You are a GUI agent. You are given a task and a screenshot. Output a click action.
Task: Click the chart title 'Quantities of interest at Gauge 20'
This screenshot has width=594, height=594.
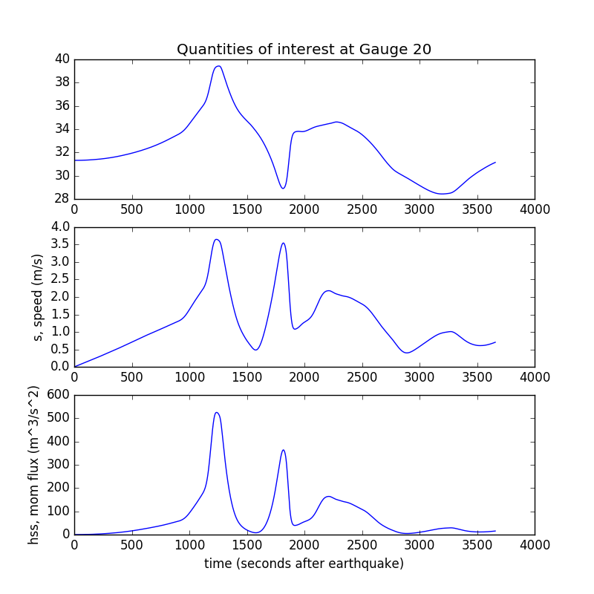point(304,50)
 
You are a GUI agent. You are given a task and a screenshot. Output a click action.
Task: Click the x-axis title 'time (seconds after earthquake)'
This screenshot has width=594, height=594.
point(304,564)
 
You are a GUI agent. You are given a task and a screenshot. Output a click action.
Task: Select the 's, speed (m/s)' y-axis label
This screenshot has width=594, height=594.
point(38,297)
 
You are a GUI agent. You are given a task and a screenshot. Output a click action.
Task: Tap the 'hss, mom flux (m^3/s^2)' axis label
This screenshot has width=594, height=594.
point(34,465)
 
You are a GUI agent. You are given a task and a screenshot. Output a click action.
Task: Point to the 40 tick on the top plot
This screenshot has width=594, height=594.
point(62,59)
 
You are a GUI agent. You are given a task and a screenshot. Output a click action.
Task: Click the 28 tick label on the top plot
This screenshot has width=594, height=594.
point(62,199)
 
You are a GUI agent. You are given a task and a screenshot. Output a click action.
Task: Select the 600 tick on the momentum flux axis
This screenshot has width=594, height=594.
point(59,395)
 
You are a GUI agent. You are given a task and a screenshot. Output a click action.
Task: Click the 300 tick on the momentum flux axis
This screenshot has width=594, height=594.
point(59,465)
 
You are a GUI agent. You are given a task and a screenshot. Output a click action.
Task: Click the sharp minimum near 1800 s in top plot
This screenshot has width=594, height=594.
point(283,188)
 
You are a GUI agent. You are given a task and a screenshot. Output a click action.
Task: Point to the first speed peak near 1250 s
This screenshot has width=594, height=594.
point(216,239)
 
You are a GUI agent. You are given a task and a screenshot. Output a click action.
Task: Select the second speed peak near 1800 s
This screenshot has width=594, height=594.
point(283,243)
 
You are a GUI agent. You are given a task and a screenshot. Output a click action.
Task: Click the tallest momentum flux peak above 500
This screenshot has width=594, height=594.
point(216,413)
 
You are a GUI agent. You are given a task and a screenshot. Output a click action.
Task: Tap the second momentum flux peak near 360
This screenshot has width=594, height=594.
point(283,450)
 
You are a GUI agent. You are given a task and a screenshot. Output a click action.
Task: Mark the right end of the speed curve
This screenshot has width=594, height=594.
point(495,342)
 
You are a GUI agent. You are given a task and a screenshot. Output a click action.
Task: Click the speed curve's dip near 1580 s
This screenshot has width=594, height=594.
point(255,350)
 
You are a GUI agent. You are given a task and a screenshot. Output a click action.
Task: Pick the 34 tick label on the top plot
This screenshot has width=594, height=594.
point(62,129)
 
